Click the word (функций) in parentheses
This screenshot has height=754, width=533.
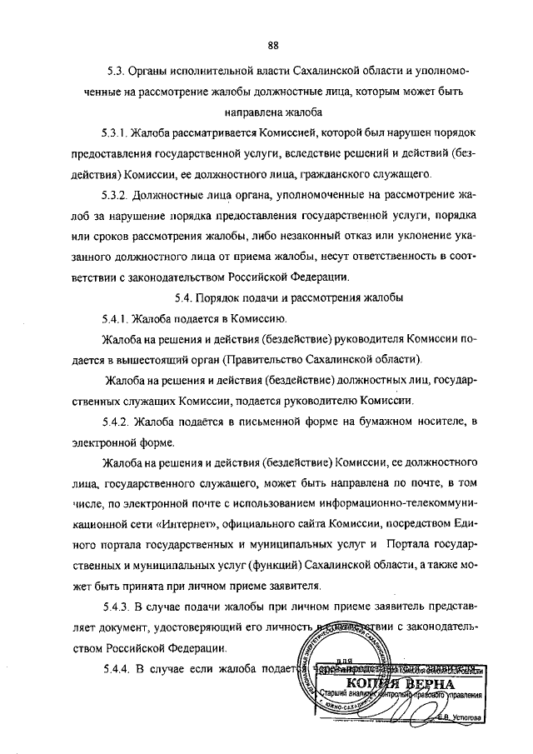pyautogui.click(x=260, y=564)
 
